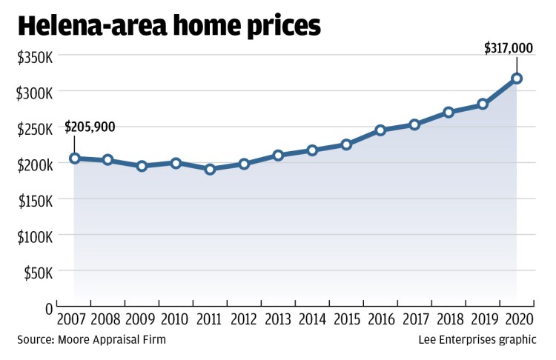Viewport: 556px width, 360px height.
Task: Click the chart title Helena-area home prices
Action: pyautogui.click(x=169, y=27)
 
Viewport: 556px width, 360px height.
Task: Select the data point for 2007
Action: pyautogui.click(x=74, y=158)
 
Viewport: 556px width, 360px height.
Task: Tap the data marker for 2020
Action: pyautogui.click(x=517, y=78)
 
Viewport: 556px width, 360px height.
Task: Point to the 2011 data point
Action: pyautogui.click(x=210, y=169)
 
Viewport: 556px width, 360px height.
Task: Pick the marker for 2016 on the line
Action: pyautogui.click(x=380, y=130)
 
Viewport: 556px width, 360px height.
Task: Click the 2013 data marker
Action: pyautogui.click(x=278, y=156)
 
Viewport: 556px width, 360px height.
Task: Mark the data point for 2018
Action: pyautogui.click(x=449, y=112)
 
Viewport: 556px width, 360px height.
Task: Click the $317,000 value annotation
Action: pyautogui.click(x=509, y=47)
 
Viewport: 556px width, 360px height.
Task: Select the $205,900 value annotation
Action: pyautogui.click(x=90, y=127)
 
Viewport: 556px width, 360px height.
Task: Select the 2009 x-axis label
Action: pyautogui.click(x=141, y=320)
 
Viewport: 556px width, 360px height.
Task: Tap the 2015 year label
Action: pyautogui.click(x=345, y=320)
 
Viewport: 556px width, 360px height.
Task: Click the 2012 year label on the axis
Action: pyautogui.click(x=243, y=320)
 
